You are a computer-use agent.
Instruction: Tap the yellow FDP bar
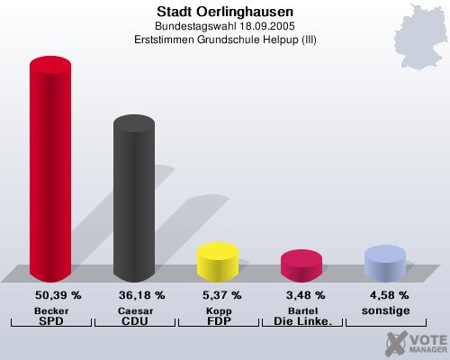[x=217, y=260]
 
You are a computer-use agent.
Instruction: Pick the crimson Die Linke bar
[x=301, y=264]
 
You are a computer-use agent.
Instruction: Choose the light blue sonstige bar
[x=384, y=262]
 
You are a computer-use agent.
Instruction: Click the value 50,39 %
[x=58, y=295]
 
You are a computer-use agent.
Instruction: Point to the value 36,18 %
[x=141, y=295]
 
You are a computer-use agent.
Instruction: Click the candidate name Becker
[x=51, y=310]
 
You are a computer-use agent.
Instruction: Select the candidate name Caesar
[x=134, y=310]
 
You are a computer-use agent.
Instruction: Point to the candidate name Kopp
[x=218, y=310]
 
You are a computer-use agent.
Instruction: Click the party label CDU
[x=134, y=320]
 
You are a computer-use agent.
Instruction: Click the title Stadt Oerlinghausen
[x=224, y=12]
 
